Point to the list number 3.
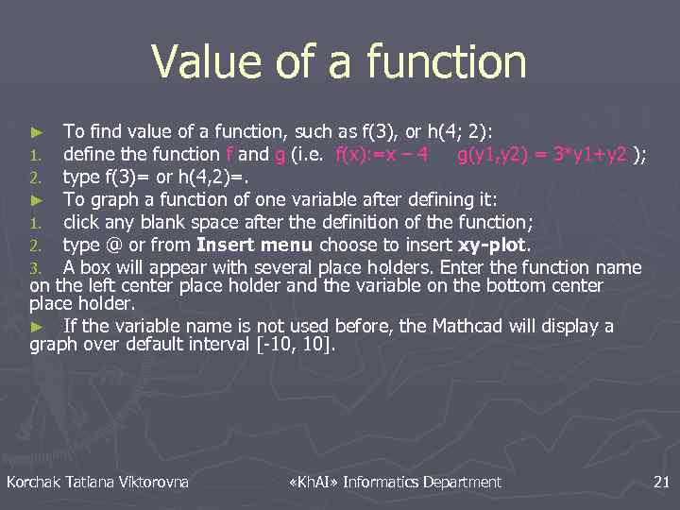pyautogui.click(x=35, y=268)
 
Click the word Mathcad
pyautogui.click(x=467, y=327)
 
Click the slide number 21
pyautogui.click(x=661, y=483)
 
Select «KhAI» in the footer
pyautogui.click(x=312, y=483)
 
